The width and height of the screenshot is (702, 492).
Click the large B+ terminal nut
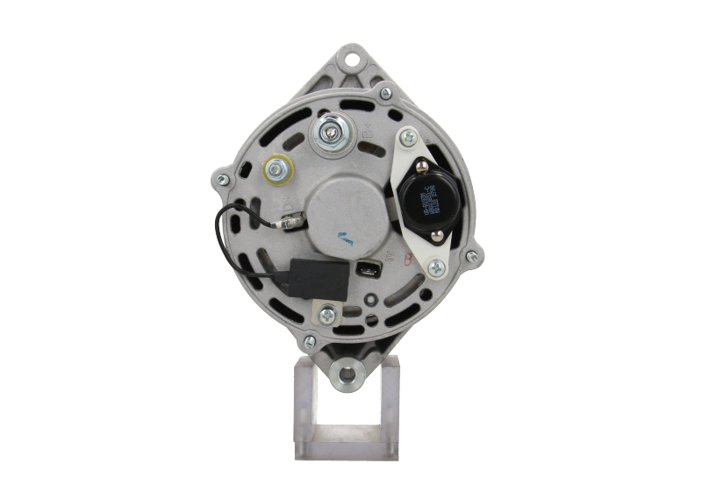click(x=330, y=132)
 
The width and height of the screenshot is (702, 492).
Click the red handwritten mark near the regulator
click(x=405, y=259)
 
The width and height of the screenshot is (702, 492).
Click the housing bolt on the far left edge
click(x=222, y=180)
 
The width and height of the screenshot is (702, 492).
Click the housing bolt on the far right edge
click(x=474, y=256)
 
